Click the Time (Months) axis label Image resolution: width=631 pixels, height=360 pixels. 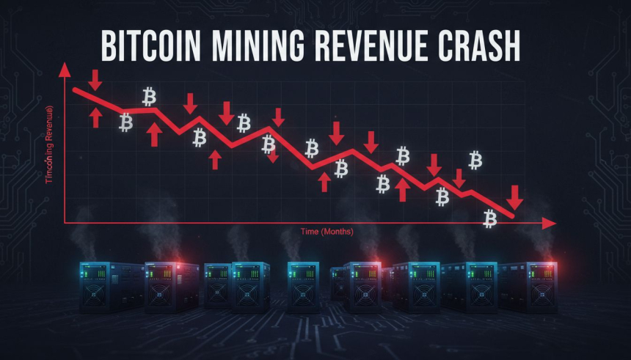coord(327,232)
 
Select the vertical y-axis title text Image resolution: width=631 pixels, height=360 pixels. coord(49,144)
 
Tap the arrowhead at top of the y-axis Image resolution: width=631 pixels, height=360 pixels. coord(65,70)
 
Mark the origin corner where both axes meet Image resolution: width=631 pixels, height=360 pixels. coord(65,221)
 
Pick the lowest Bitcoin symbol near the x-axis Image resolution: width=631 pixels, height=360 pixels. coord(490,217)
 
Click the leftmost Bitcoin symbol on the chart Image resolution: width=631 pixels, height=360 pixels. coord(126,122)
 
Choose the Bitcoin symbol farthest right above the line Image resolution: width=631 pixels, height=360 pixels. coord(475,159)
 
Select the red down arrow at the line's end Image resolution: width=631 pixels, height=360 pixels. coord(515,196)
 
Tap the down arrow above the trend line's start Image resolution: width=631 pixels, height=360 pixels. coord(95,78)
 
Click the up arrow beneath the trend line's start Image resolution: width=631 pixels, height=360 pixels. coord(95,117)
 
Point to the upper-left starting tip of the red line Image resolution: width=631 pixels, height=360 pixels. coord(74,89)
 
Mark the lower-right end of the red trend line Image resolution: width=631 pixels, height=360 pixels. coord(512,216)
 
